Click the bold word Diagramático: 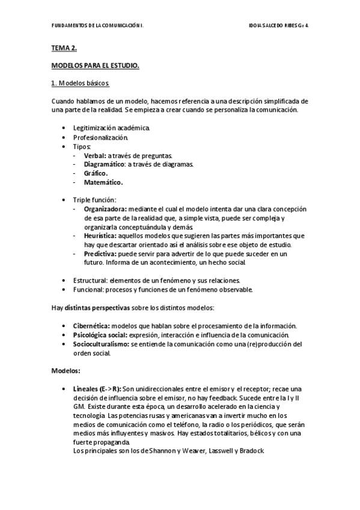[104, 164]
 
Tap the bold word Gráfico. [96, 173]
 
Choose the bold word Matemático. [103, 182]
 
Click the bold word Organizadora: [105, 209]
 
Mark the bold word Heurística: [100, 236]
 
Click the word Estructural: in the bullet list [92, 280]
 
